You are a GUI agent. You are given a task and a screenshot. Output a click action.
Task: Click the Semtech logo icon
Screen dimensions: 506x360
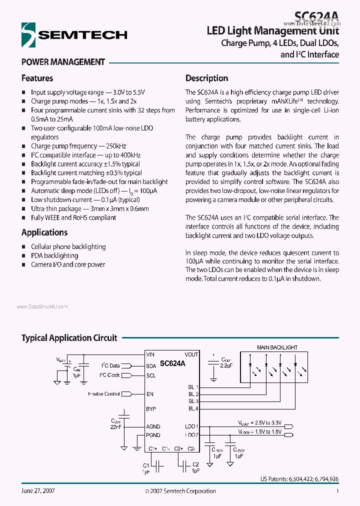[28, 35]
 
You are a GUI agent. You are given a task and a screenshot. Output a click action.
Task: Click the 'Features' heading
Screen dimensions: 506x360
[37, 78]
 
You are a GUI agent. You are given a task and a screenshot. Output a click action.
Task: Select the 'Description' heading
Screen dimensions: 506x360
[206, 78]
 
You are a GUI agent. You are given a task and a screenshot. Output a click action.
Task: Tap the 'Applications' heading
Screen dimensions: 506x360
[44, 232]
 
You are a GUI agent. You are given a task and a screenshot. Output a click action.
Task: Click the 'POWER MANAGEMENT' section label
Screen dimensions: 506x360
[63, 62]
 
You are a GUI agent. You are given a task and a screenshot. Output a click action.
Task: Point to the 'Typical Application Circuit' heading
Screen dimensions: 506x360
[69, 338]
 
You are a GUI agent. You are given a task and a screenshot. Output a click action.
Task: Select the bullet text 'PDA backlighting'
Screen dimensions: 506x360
[54, 255]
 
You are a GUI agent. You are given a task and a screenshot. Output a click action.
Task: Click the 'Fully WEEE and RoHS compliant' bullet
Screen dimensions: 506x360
[73, 218]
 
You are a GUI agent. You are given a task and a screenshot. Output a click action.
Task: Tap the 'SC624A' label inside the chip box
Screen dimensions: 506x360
[172, 364]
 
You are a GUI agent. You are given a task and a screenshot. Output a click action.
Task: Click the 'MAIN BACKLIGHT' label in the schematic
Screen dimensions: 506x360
[277, 347]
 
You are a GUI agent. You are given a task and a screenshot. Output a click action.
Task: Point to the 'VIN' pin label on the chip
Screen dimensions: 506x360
[150, 354]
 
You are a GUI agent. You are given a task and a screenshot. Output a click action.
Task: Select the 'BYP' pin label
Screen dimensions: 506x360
[151, 409]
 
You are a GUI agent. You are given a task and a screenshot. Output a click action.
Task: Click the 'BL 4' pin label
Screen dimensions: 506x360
[193, 409]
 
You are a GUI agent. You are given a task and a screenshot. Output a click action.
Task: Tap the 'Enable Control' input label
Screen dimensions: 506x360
[103, 394]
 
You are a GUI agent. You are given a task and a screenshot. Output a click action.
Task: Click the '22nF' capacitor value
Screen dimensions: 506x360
[115, 427]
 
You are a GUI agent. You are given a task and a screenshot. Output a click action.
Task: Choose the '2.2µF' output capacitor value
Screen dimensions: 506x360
[226, 366]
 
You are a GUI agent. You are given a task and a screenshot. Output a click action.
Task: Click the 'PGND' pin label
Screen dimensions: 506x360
[153, 435]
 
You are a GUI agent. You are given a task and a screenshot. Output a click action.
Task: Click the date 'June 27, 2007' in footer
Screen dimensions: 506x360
[38, 491]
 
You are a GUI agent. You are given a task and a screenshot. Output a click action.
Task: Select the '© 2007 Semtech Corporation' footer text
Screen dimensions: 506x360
[179, 491]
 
